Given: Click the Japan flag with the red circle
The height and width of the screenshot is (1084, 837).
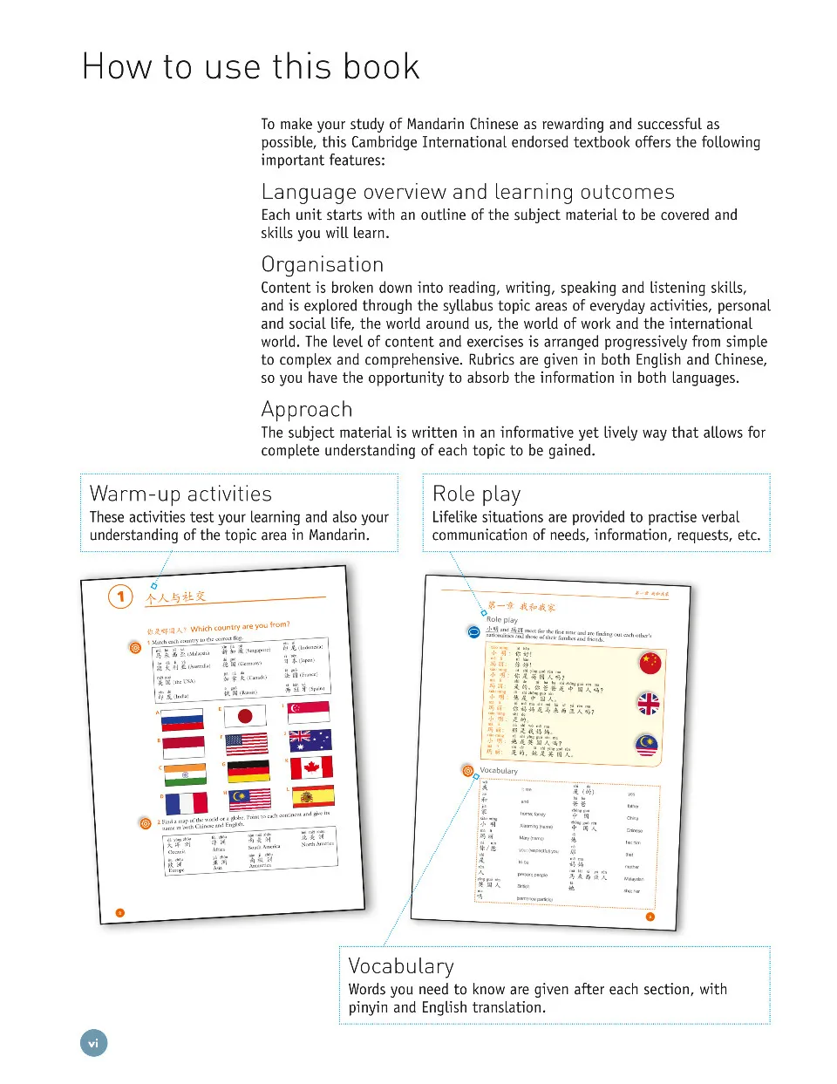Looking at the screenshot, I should pyautogui.click(x=245, y=717).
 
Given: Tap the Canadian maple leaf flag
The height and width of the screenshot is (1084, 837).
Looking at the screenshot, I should pyautogui.click(x=311, y=767).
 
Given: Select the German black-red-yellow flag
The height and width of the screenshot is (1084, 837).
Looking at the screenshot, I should pyautogui.click(x=248, y=771).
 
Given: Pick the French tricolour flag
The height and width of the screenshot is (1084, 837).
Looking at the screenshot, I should pyautogui.click(x=186, y=802).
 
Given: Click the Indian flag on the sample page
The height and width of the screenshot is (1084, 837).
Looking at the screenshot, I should pyautogui.click(x=185, y=774).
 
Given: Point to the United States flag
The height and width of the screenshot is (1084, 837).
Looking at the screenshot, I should pyautogui.click(x=247, y=744).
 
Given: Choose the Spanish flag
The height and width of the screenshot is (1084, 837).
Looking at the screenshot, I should pyautogui.click(x=313, y=795).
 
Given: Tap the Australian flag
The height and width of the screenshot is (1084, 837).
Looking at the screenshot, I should pyautogui.click(x=310, y=740).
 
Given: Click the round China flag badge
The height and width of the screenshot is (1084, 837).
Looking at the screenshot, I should pyautogui.click(x=650, y=664).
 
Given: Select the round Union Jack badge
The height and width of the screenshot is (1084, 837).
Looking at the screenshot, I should pyautogui.click(x=649, y=703).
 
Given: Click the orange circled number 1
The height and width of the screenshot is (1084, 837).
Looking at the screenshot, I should pyautogui.click(x=120, y=597).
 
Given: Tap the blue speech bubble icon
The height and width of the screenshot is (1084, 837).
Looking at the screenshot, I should pyautogui.click(x=474, y=631).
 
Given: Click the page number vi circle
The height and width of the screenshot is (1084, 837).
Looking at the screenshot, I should pyautogui.click(x=93, y=1043).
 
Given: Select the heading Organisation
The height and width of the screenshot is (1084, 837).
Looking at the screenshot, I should pyautogui.click(x=323, y=265).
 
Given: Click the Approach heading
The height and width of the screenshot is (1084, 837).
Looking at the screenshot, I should pyautogui.click(x=307, y=410).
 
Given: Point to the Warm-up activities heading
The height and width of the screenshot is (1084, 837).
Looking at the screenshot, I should pyautogui.click(x=180, y=494).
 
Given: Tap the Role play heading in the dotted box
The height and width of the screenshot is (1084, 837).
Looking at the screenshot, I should pyautogui.click(x=476, y=494).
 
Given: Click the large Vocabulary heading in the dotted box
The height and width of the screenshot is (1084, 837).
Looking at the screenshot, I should pyautogui.click(x=401, y=966).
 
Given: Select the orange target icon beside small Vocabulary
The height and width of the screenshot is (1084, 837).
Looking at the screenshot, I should pyautogui.click(x=468, y=770).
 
